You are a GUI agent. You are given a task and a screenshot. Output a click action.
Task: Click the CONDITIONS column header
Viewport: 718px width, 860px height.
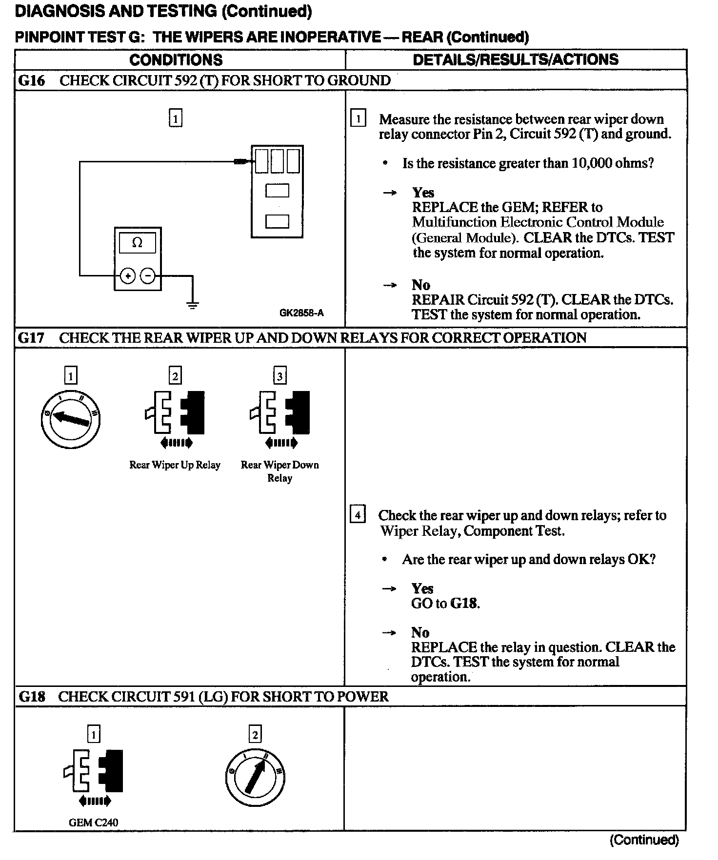click(x=176, y=60)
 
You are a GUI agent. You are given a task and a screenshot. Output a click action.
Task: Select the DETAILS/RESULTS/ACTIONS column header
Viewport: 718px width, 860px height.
click(x=516, y=59)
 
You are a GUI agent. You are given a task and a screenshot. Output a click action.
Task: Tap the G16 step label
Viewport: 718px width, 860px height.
click(x=31, y=80)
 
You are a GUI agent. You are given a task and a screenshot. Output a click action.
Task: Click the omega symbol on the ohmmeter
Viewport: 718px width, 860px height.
click(x=138, y=243)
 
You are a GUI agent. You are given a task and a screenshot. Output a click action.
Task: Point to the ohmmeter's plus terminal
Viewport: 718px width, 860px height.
click(x=128, y=276)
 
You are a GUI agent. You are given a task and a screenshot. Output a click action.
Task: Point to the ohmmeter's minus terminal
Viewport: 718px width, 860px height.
click(x=148, y=276)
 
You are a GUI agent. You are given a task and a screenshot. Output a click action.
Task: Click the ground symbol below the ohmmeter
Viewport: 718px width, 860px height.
click(x=193, y=306)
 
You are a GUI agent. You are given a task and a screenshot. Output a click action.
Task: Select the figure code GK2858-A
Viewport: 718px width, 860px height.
click(x=301, y=313)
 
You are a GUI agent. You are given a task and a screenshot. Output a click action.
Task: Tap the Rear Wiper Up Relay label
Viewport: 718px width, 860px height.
click(x=175, y=465)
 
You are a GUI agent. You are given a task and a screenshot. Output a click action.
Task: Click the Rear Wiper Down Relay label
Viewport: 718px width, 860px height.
click(x=279, y=471)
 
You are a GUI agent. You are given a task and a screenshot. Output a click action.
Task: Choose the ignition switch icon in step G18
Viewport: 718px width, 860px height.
click(x=255, y=777)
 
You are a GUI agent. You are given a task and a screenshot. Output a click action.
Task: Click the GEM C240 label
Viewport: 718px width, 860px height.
click(x=93, y=822)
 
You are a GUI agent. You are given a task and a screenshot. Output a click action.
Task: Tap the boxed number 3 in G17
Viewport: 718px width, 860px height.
click(x=279, y=376)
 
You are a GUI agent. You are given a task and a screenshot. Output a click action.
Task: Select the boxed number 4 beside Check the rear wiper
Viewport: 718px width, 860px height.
click(x=358, y=515)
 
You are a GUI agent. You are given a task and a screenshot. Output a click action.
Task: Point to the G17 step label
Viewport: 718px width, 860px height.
click(x=31, y=338)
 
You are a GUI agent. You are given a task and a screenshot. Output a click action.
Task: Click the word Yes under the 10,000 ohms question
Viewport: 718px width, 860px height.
click(x=423, y=193)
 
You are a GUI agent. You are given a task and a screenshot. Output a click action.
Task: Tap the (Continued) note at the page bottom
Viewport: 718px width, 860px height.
click(x=644, y=840)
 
